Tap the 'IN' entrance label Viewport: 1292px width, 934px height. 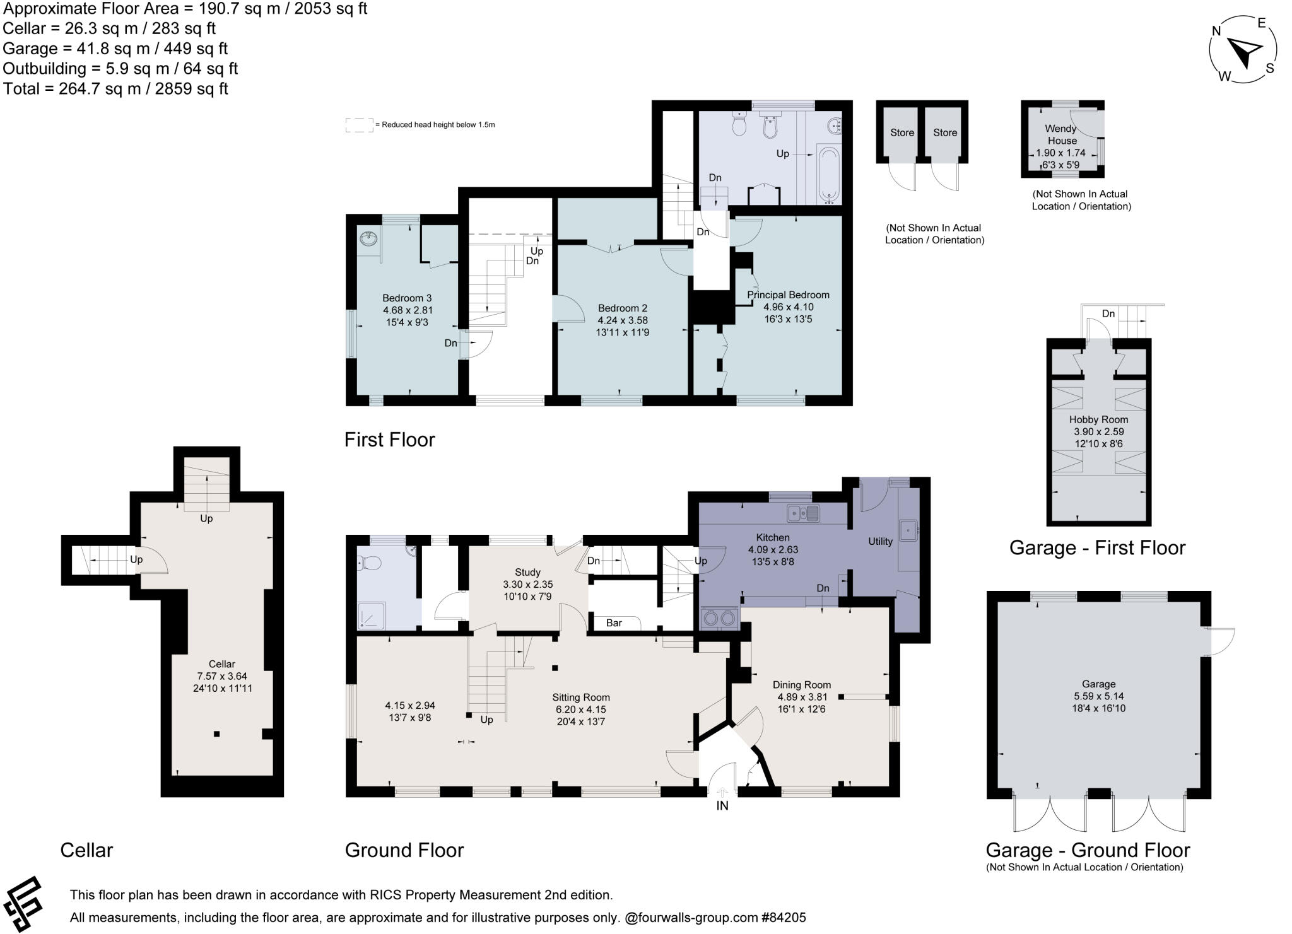(722, 805)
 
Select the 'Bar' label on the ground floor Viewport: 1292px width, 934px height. (614, 623)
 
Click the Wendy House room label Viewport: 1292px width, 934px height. (1061, 134)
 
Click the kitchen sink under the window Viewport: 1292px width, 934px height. (803, 513)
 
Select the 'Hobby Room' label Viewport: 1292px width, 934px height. (1098, 419)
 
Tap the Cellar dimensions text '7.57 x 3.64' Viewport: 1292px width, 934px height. (221, 676)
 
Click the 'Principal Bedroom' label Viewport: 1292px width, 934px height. (788, 295)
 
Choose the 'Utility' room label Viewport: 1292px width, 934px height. (880, 541)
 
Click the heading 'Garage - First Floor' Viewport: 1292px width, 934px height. (1097, 547)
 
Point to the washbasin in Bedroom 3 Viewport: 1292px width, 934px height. (368, 239)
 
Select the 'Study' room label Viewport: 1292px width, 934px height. (527, 572)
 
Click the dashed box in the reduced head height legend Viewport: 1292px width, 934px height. (359, 125)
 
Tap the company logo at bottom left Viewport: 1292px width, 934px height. (23, 904)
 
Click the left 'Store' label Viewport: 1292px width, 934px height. (901, 132)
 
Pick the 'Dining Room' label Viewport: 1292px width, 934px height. (801, 684)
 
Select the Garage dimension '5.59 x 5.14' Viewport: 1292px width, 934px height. (1098, 696)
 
